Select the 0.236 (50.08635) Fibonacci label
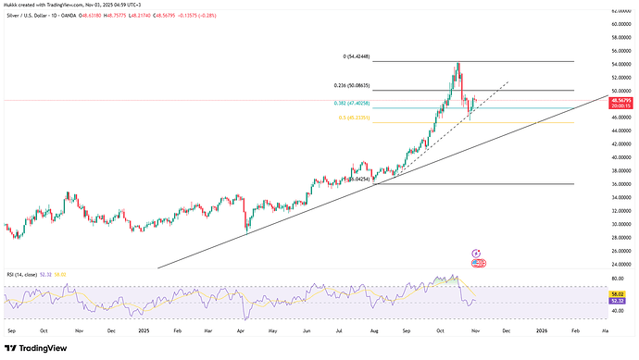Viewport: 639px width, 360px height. coord(358,86)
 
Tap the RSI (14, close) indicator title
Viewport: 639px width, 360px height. coord(24,275)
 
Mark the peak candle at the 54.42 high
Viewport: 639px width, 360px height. coord(457,64)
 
